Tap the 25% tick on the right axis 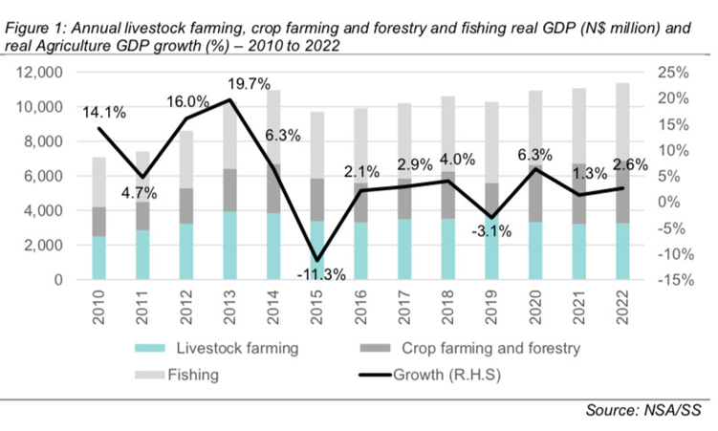[x=666, y=73]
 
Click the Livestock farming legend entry [x=225, y=348]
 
